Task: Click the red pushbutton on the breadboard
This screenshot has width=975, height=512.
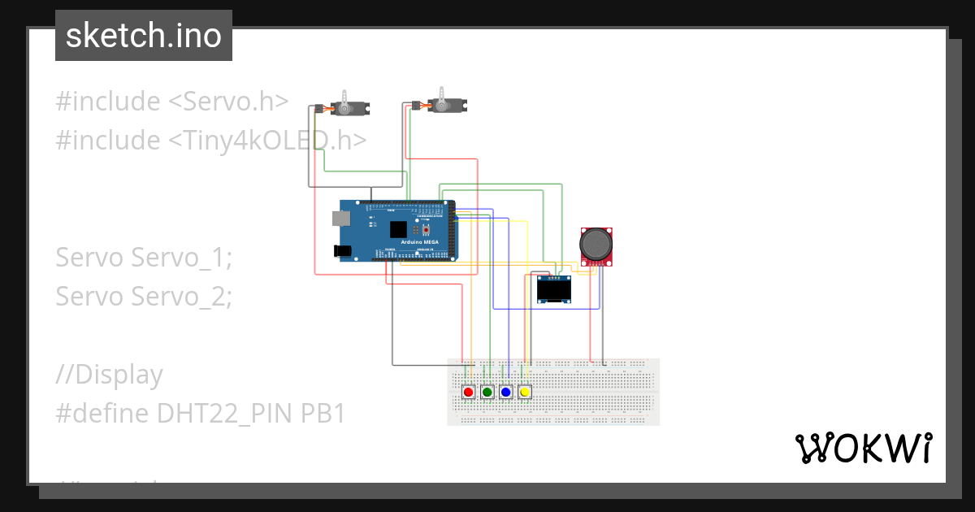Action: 468,393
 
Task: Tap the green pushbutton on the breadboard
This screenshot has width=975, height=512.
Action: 487,393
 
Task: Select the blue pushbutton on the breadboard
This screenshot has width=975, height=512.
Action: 506,393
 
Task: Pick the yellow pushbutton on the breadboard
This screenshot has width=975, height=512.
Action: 525,393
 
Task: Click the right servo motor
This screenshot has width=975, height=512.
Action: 445,104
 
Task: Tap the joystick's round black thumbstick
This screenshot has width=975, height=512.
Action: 597,243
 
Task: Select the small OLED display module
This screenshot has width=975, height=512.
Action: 554,289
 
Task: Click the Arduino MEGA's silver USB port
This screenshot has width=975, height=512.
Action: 340,218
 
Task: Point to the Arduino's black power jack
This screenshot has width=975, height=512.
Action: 344,252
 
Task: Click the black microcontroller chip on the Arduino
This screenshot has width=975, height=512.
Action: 398,229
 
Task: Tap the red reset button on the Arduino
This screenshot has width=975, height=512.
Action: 425,229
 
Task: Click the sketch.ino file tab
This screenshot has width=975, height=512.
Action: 143,36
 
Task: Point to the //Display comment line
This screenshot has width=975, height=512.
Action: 109,375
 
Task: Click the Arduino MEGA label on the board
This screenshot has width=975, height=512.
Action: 419,242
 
